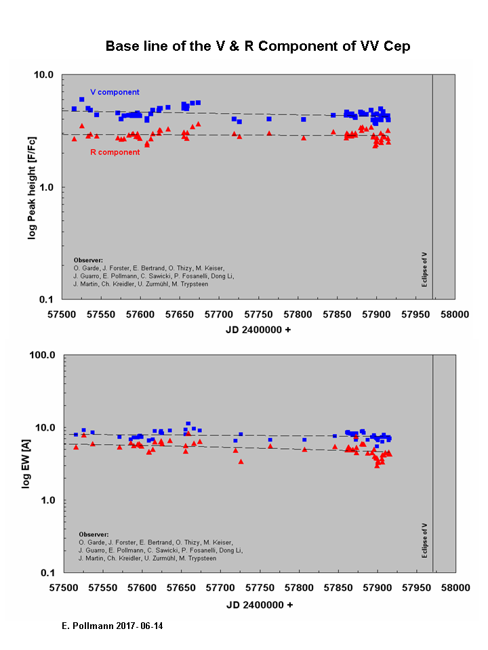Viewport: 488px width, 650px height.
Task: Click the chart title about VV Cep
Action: [258, 47]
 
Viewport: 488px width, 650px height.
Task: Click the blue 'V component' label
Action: [115, 92]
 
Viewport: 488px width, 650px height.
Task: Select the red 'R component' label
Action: [115, 152]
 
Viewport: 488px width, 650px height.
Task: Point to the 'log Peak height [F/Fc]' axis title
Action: [31, 187]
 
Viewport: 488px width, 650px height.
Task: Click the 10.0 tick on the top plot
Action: [45, 74]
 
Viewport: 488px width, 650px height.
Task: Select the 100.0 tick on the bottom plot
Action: [42, 355]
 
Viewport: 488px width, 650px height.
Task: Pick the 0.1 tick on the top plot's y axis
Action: [47, 299]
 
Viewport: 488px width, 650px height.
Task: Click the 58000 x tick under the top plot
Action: [454, 315]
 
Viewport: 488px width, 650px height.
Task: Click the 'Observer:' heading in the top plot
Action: [87, 259]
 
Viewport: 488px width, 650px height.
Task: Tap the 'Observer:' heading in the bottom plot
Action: [93, 534]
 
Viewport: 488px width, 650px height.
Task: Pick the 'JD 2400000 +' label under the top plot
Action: [258, 330]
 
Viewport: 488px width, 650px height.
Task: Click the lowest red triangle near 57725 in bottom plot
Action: [241, 462]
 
